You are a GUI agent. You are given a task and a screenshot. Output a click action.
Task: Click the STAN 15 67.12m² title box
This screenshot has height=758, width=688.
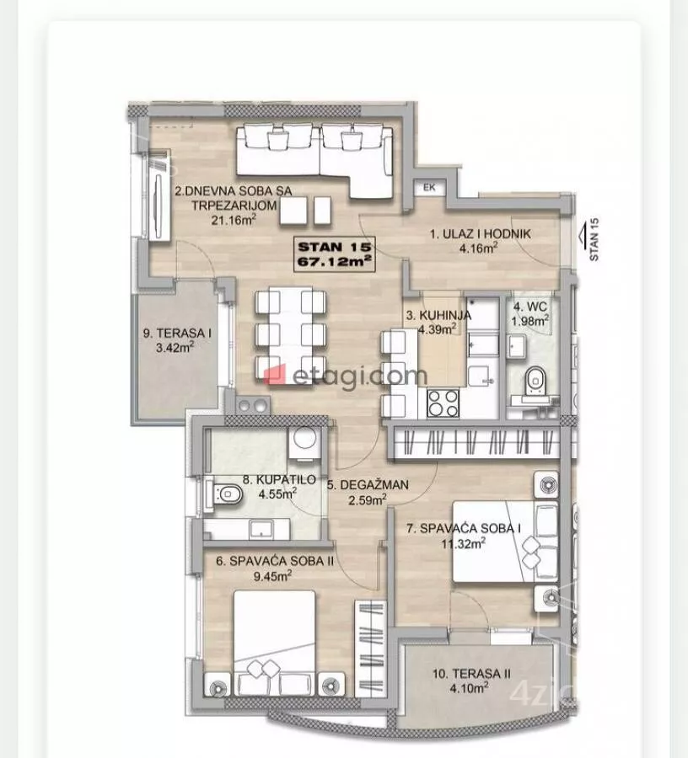(335, 254)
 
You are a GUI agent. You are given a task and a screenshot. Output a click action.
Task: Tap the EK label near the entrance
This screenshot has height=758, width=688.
(429, 188)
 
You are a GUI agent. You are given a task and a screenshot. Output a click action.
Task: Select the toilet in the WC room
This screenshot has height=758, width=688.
(535, 379)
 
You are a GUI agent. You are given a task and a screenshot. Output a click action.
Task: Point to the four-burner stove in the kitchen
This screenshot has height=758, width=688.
(443, 403)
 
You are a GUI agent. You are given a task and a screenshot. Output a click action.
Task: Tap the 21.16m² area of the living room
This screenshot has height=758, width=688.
(234, 220)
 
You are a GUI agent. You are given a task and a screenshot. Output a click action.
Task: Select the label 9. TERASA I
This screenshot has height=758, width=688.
(177, 333)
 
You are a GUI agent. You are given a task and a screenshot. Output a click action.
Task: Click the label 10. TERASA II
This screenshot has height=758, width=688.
(471, 674)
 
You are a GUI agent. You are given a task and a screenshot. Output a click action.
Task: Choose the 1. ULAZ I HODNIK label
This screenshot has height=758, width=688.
(480, 234)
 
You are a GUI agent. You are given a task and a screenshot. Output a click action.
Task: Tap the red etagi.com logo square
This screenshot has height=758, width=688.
(275, 375)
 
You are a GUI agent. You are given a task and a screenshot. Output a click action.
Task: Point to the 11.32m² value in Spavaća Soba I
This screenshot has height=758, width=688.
(463, 543)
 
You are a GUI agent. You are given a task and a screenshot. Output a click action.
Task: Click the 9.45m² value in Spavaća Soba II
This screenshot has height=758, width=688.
(272, 576)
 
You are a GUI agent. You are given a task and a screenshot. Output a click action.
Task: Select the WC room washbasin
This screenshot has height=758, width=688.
(517, 347)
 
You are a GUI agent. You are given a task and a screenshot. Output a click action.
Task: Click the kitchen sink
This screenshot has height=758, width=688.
(482, 344)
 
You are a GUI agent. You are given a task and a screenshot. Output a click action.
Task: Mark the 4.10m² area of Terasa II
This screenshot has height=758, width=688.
(469, 688)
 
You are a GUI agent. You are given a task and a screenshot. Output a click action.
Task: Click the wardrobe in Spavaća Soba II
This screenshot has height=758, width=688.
(371, 649)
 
